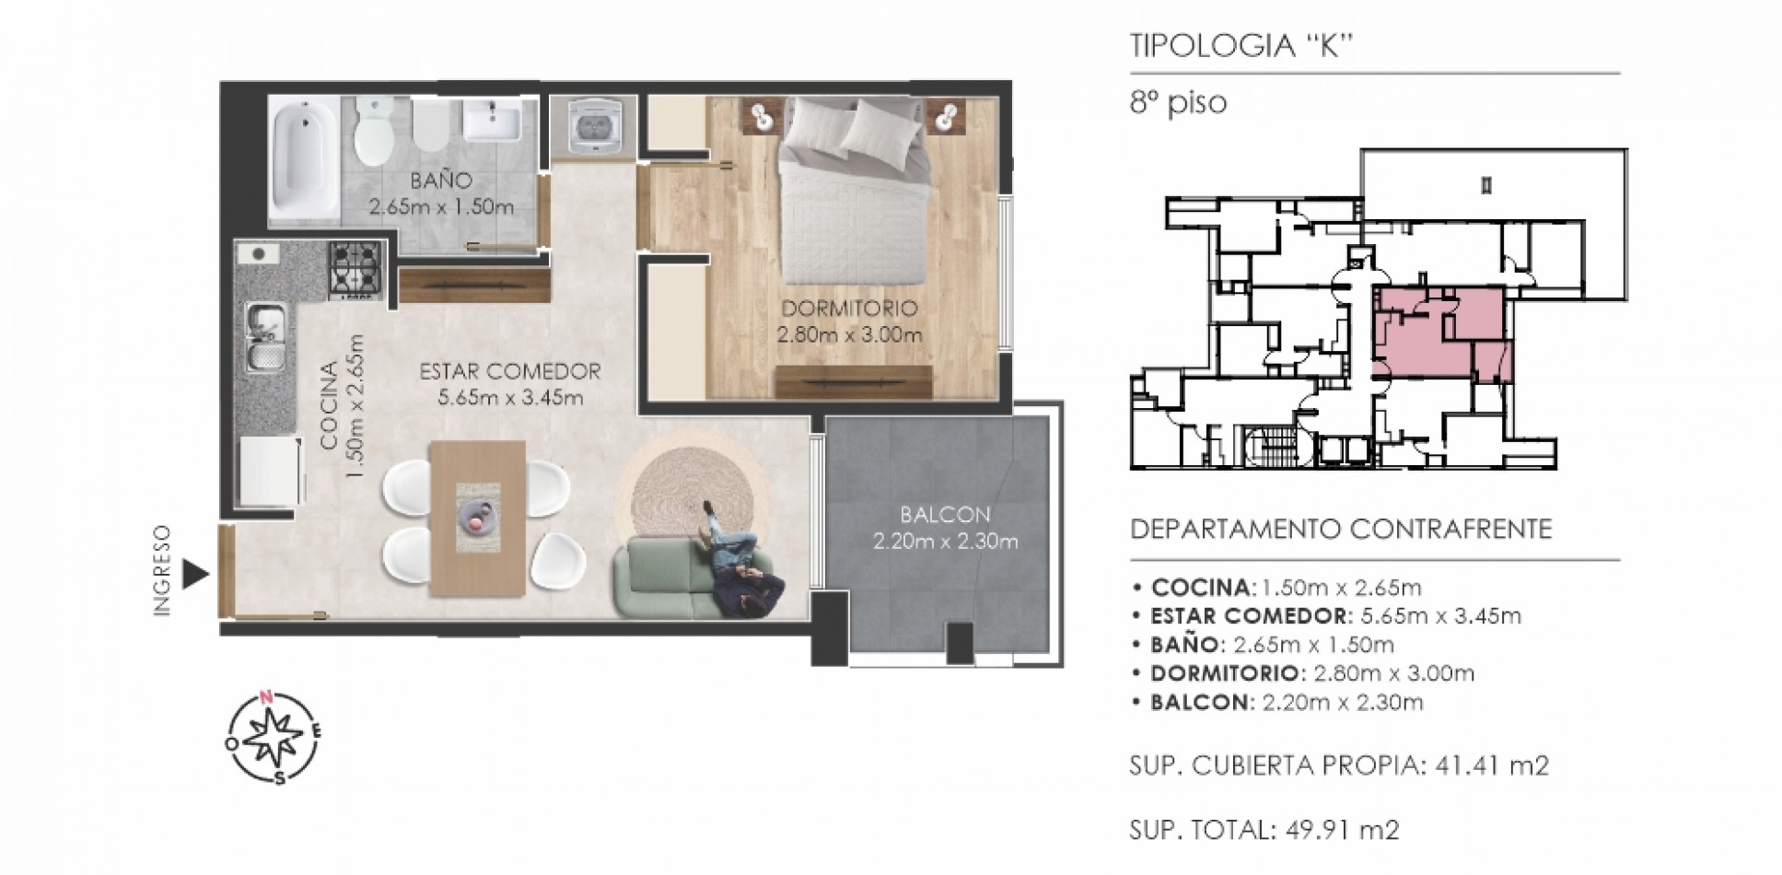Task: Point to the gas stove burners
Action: pyautogui.click(x=355, y=270)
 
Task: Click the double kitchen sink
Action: pyautogui.click(x=265, y=338)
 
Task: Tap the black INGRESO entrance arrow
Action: pyautogui.click(x=194, y=575)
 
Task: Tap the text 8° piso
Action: pyautogui.click(x=1179, y=102)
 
